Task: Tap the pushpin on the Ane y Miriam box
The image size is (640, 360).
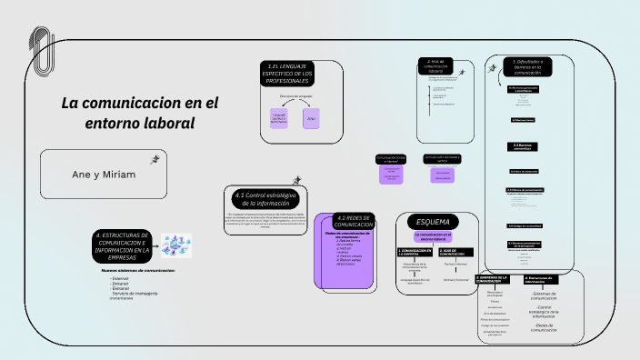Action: click(155, 159)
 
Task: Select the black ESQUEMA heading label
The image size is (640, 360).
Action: click(433, 222)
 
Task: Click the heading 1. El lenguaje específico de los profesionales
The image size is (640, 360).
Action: click(288, 75)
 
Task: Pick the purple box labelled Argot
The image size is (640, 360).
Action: click(311, 118)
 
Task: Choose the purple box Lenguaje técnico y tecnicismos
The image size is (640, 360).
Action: click(279, 117)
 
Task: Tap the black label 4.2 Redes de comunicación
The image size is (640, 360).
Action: click(353, 222)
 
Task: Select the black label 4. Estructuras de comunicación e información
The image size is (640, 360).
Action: click(122, 245)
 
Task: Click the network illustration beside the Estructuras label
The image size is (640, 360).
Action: click(174, 244)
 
